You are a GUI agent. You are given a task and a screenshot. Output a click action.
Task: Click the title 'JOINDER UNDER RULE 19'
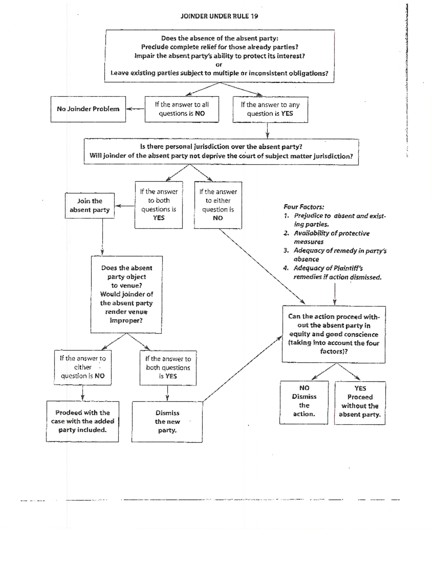pos(219,16)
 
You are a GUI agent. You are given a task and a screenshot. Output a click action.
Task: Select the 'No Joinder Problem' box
pos(88,109)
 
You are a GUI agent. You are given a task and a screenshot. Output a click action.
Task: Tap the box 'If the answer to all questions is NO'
pos(182,109)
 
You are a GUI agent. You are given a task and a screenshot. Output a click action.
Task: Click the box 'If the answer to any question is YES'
pos(270,109)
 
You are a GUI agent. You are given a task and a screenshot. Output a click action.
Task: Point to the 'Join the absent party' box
pos(90,205)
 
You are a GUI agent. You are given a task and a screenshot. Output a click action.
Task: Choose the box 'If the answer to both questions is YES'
pos(158,204)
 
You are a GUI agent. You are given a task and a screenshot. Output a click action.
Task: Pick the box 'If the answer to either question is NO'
pos(83,367)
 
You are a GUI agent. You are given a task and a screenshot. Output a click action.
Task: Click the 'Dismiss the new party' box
pos(167,422)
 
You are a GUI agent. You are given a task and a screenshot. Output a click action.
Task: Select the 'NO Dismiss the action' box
pos(304,401)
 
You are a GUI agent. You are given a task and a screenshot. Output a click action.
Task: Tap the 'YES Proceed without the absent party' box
pos(360,402)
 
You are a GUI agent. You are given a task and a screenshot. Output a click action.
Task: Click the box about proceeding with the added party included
pos(82,421)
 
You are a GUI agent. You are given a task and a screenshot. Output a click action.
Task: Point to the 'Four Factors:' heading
pos(304,207)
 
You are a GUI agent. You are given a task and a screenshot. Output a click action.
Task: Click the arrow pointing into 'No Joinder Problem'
pos(135,108)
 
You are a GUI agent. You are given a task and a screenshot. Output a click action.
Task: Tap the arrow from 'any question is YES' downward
pos(268,131)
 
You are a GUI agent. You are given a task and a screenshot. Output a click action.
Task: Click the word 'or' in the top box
pos(219,65)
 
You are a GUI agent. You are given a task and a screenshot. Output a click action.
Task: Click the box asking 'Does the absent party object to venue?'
pos(126,294)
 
